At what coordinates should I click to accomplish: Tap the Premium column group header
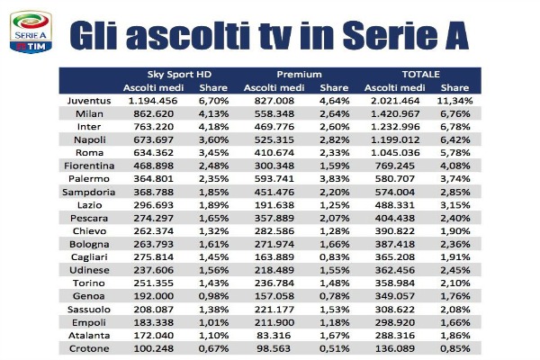coord(298,74)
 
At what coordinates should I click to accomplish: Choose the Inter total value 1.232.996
coord(393,128)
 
